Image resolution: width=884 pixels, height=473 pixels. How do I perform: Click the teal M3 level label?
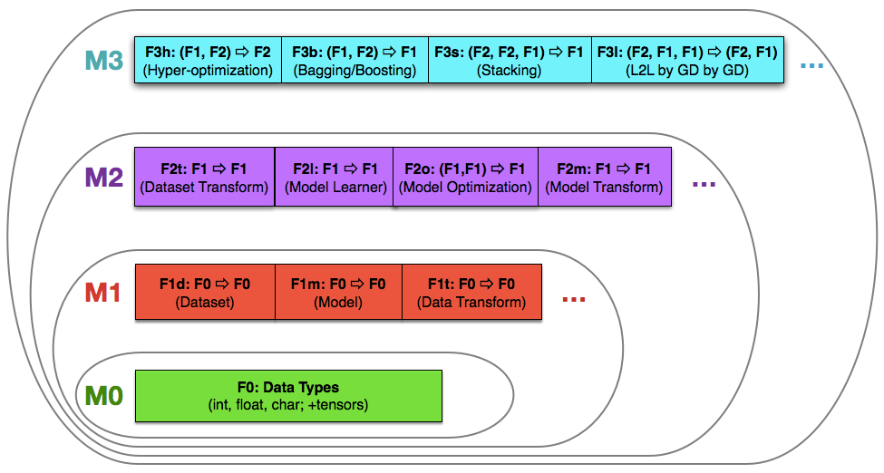click(x=103, y=61)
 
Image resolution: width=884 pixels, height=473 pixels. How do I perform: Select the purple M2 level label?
click(x=103, y=177)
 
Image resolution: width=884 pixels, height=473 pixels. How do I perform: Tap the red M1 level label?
click(x=103, y=294)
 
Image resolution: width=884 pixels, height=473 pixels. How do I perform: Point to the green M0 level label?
click(x=103, y=396)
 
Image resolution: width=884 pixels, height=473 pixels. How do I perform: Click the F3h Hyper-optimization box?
click(x=208, y=61)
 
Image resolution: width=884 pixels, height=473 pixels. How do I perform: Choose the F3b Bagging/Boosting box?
click(x=355, y=61)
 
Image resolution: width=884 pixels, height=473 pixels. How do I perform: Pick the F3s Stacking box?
click(x=510, y=61)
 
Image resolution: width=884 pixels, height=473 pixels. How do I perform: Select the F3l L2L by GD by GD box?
click(x=687, y=61)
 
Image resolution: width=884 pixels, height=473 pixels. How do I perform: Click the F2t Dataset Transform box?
click(x=205, y=178)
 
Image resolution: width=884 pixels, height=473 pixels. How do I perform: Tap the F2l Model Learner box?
click(x=335, y=178)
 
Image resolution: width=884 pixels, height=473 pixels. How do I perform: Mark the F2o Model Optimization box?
click(x=465, y=178)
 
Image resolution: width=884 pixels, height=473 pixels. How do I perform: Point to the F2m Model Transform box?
click(x=604, y=178)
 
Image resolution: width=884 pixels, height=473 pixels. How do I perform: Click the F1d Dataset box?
click(x=205, y=293)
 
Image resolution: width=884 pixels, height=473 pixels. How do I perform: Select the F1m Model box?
click(x=338, y=293)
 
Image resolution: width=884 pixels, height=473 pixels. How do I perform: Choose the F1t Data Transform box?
click(x=471, y=293)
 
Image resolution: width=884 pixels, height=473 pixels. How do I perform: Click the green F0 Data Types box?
click(x=288, y=396)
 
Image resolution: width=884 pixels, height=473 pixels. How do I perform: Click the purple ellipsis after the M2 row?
click(x=704, y=185)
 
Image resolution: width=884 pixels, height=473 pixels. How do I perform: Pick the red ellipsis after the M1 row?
click(x=574, y=300)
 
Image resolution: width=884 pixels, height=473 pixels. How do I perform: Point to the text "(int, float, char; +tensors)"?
click(x=288, y=405)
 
